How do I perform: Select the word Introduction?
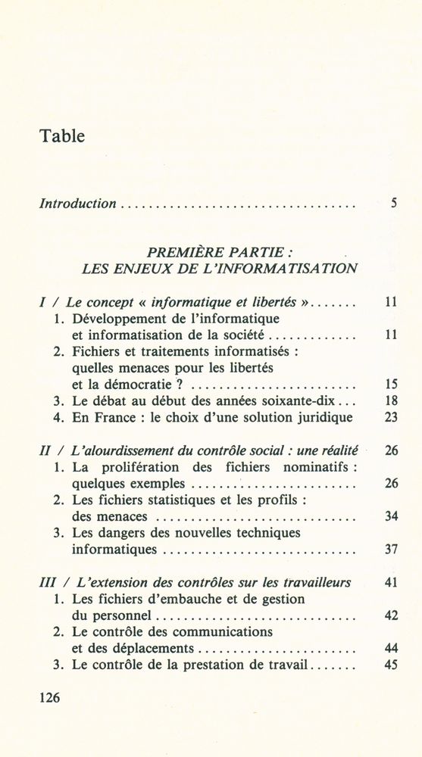(77, 203)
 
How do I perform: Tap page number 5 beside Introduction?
(394, 203)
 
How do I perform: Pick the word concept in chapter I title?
(107, 301)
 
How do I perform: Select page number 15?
(391, 384)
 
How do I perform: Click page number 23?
(391, 417)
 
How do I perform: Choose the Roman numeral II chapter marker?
(45, 450)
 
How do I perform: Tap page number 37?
(391, 550)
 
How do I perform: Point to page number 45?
(391, 665)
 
